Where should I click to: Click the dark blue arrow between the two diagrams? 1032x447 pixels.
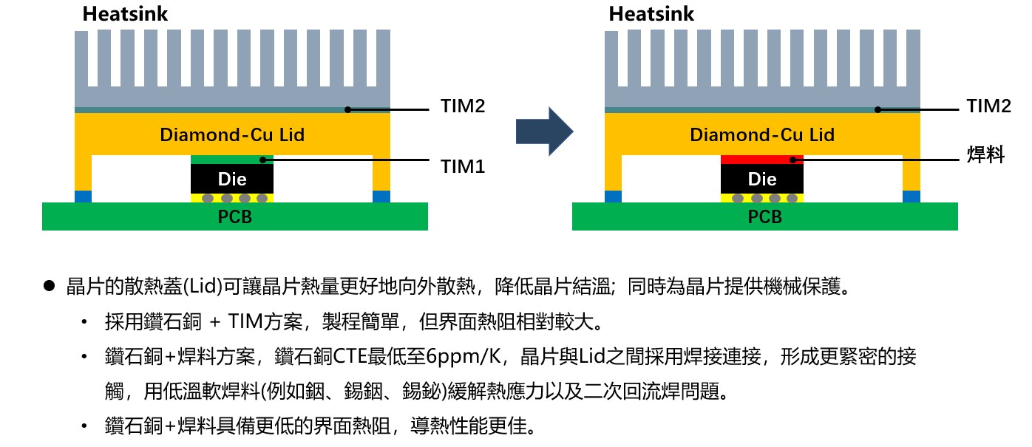click(x=544, y=132)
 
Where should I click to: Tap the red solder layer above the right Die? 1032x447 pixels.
click(x=761, y=159)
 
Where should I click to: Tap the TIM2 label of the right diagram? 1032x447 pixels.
click(x=989, y=106)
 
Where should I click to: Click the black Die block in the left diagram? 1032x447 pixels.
click(x=232, y=179)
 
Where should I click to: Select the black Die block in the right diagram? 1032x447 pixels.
click(x=762, y=179)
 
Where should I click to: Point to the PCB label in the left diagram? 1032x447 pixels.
click(x=234, y=217)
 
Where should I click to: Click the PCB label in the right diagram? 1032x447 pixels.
click(x=764, y=217)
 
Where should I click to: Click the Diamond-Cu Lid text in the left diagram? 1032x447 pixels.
click(x=232, y=135)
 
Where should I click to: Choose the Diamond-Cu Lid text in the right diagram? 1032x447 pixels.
click(x=762, y=135)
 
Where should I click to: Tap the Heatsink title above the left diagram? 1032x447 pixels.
click(x=126, y=13)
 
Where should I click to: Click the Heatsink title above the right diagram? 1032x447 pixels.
click(x=651, y=13)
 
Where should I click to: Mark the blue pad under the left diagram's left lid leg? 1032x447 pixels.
click(x=83, y=197)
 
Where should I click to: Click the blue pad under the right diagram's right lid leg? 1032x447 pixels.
click(x=912, y=197)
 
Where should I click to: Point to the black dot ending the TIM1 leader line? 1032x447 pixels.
click(x=262, y=159)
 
